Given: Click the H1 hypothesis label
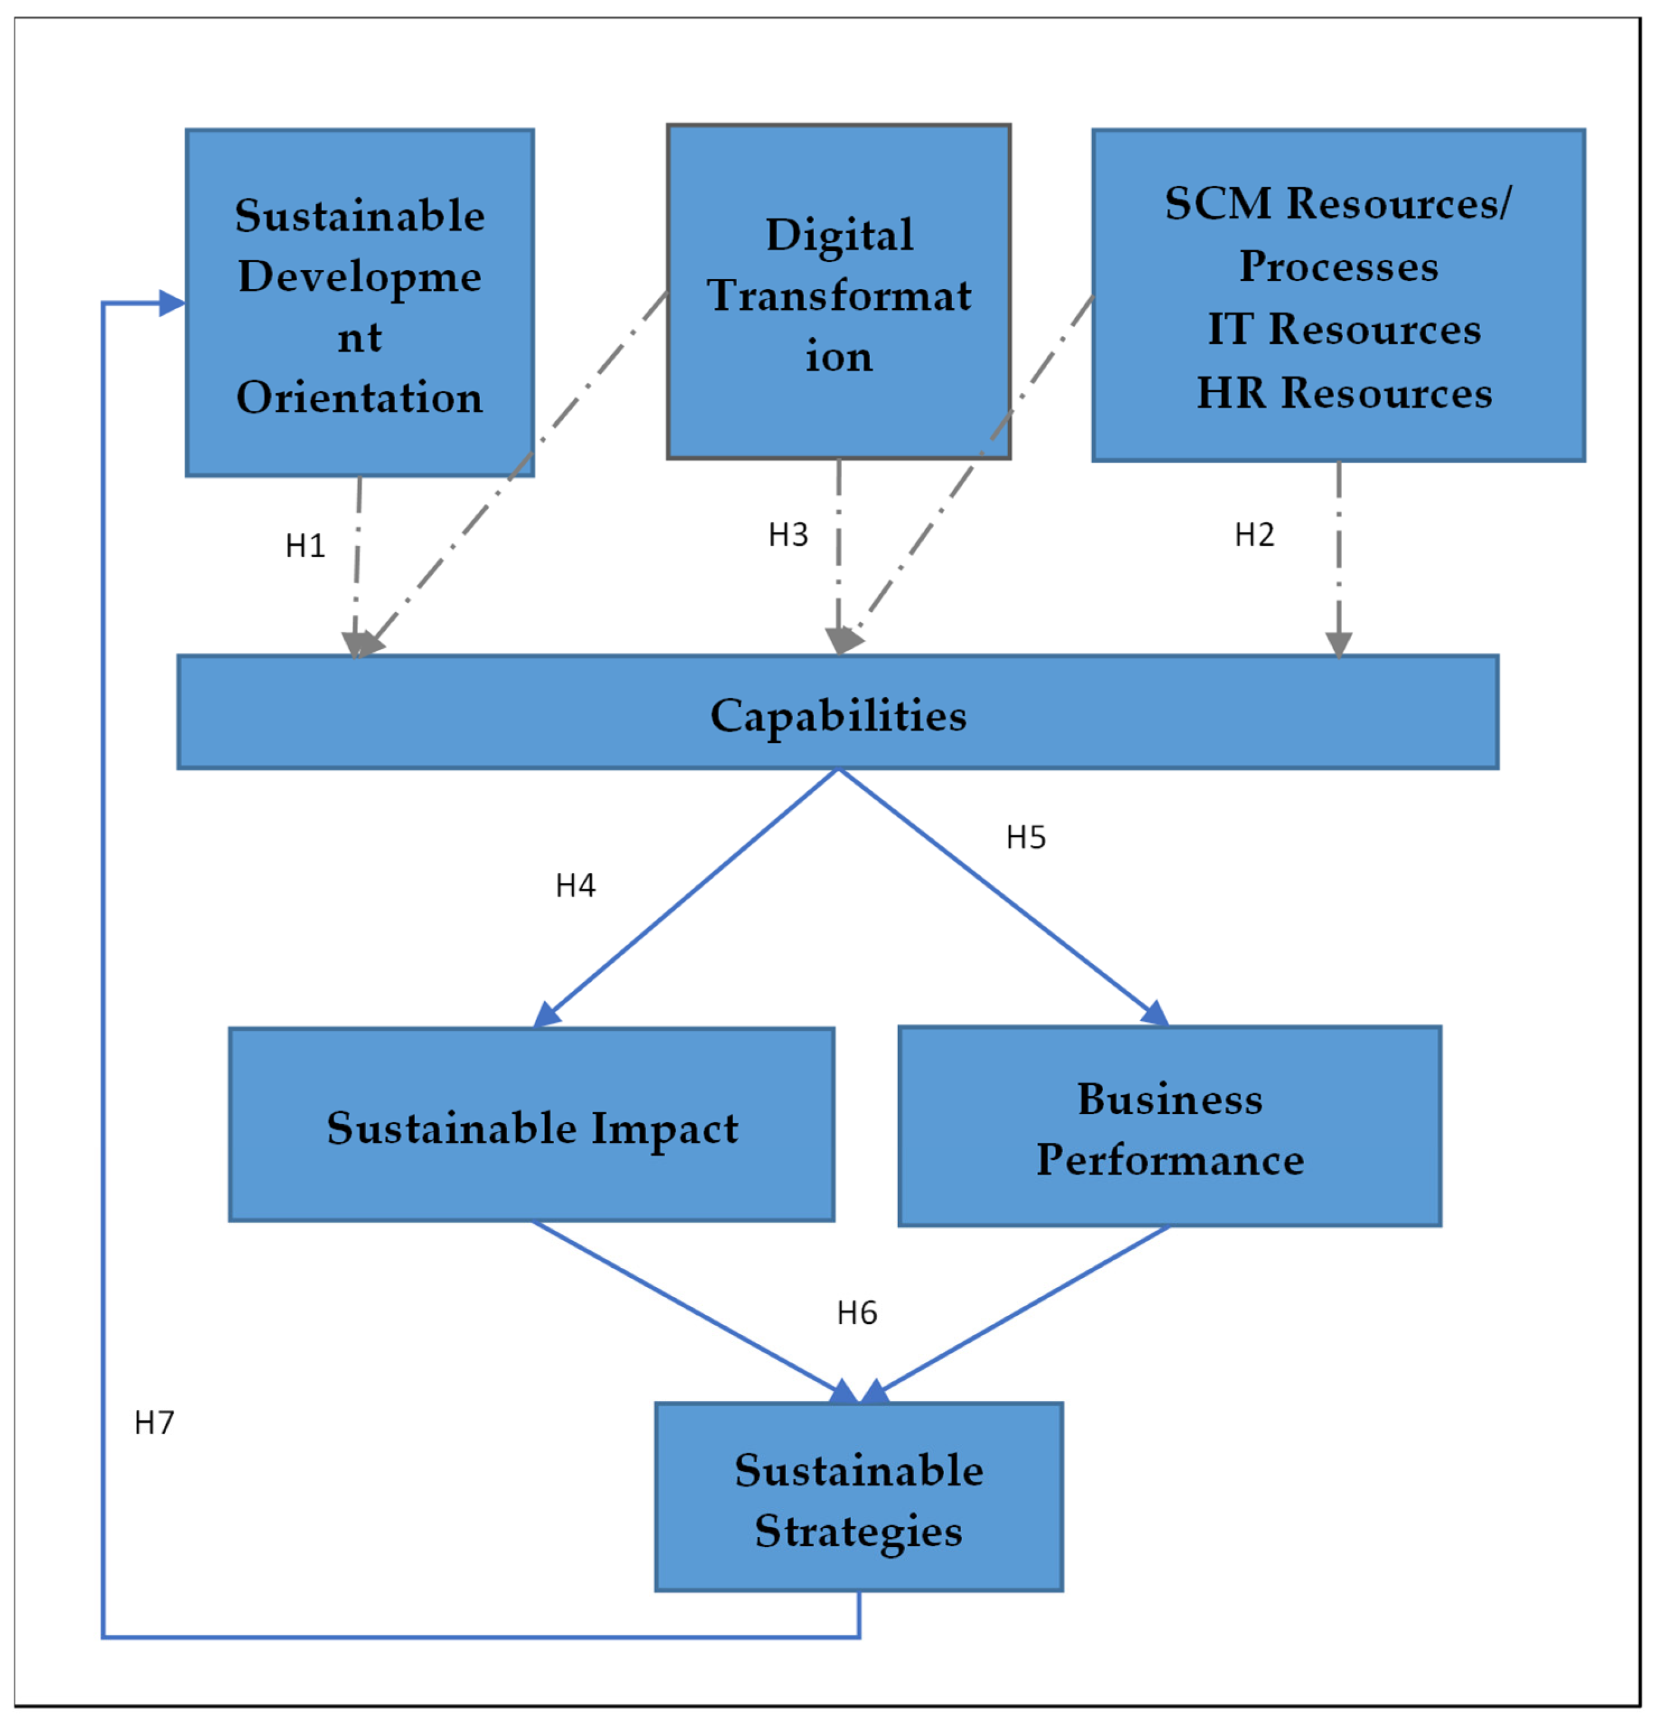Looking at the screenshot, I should click(306, 546).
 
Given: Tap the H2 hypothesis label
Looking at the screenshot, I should click(1254, 534).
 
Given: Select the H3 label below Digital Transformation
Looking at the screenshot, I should click(788, 534).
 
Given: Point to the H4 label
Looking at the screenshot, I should click(575, 885).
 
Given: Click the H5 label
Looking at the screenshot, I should click(1026, 837).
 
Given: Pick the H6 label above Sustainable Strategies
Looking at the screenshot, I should click(856, 1313).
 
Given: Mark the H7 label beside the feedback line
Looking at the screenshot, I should click(154, 1423).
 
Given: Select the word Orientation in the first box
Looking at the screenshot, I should click(360, 397).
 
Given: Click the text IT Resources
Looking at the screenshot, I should click(1343, 329).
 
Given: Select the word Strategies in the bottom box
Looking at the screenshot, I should click(858, 1531).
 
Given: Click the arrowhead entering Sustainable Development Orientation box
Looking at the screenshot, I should click(173, 304).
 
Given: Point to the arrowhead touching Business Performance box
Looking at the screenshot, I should click(1155, 1013).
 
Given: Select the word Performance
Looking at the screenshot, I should click(1170, 1160).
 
